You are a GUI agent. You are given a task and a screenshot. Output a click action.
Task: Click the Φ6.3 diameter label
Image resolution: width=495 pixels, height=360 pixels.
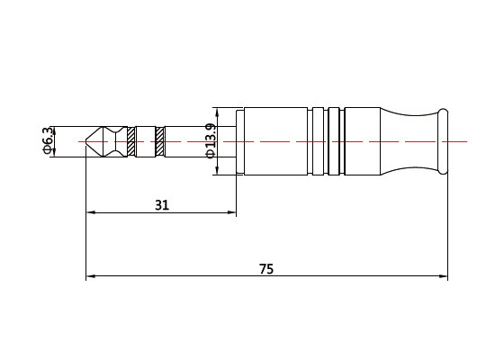click(47, 141)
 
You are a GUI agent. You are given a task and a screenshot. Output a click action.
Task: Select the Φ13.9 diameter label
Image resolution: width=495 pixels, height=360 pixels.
click(210, 140)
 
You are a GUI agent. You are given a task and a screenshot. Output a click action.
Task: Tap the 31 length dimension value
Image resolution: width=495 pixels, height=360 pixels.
click(162, 205)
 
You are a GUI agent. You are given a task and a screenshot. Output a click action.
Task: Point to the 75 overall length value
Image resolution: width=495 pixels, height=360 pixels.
click(266, 269)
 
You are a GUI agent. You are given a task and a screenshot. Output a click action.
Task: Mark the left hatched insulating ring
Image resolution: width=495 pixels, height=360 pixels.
click(130, 141)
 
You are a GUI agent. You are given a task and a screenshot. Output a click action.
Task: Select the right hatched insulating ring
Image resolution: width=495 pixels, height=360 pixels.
click(160, 141)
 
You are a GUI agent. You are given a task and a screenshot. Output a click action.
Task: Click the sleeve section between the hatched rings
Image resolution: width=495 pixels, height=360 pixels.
click(145, 141)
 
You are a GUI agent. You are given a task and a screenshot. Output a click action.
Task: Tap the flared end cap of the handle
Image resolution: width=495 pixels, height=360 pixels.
click(442, 141)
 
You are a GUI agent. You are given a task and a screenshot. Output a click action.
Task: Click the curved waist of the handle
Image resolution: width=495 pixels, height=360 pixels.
click(409, 141)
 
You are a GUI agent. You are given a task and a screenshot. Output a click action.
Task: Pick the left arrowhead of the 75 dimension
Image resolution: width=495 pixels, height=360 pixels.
click(89, 276)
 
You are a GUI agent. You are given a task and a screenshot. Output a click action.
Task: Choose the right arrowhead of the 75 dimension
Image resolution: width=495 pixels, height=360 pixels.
click(444, 276)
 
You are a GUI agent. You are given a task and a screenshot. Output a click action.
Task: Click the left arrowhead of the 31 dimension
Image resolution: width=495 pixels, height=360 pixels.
click(89, 213)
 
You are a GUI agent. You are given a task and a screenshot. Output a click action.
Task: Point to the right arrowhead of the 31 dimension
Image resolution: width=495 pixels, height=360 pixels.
click(232, 213)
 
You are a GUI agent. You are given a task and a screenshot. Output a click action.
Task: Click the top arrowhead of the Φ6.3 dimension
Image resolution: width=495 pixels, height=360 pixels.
click(55, 129)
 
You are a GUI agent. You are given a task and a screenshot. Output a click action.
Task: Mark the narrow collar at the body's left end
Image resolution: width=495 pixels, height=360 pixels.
click(240, 141)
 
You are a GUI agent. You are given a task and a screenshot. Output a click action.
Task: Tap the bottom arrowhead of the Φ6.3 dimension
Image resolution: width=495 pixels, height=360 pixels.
click(55, 154)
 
